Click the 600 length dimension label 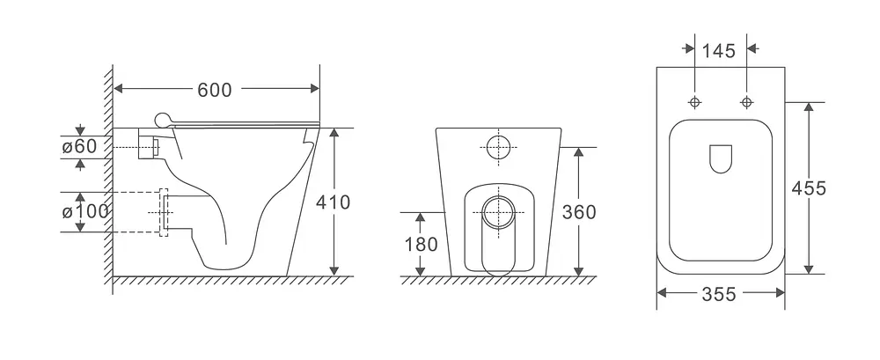(x=215, y=90)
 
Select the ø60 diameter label (x=80, y=147)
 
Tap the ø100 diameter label (x=84, y=212)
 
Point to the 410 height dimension (x=333, y=202)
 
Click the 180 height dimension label (x=421, y=245)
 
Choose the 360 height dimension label (x=579, y=212)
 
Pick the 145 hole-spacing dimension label (x=718, y=51)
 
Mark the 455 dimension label (x=809, y=188)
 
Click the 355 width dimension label (x=718, y=294)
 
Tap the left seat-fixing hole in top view (x=695, y=102)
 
